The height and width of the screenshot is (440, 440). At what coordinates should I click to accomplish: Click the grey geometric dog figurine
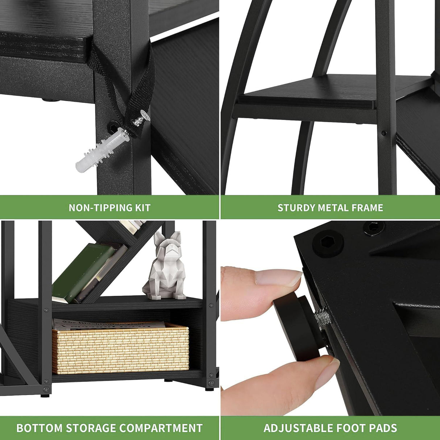tap(165, 266)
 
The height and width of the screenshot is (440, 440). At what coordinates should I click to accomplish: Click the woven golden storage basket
tap(121, 348)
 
